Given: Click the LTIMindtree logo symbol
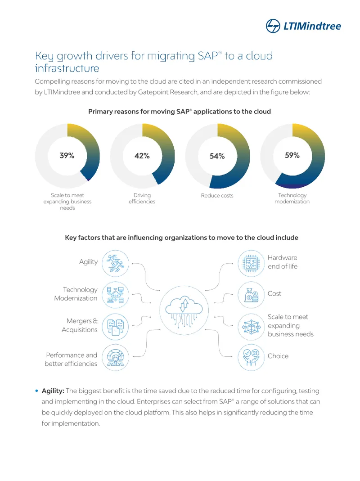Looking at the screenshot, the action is coord(273,26).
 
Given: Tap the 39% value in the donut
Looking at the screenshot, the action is coord(67,156).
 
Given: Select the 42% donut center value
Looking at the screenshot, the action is coord(142,156).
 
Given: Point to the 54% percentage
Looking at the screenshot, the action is coord(217,156).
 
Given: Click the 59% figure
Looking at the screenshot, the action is coord(292,155).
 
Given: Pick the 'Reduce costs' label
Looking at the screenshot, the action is coord(217,195).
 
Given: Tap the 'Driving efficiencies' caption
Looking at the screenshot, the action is coord(142,198).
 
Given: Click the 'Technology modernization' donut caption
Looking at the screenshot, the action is coord(292,198).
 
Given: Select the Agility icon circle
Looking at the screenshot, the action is coord(115,263).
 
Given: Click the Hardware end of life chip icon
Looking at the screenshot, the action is coord(251,263).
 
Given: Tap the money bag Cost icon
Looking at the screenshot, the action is coord(251,295).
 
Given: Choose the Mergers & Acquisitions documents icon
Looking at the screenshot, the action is coord(115,327).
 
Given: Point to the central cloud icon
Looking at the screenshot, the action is coord(184,310).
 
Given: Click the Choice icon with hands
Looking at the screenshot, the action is coord(251,357).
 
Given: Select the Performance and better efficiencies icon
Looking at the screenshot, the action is coord(115,357).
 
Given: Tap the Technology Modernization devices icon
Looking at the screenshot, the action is coord(115,295).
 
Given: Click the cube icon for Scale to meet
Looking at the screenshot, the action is coord(251,327).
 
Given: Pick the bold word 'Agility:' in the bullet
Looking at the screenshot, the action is coord(53,391).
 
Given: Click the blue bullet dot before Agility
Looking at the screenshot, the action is coord(36,391).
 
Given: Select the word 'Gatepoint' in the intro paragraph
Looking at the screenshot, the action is coord(153,92).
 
